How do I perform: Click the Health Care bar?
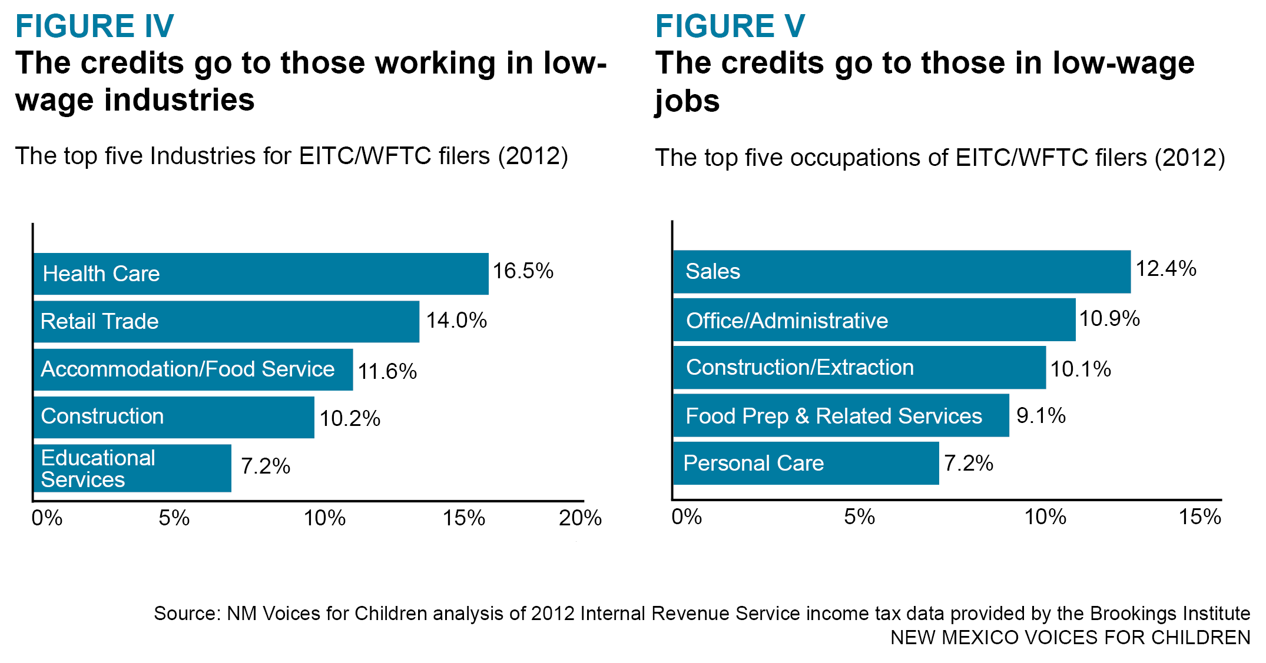point(261,274)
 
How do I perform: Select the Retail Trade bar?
point(226,321)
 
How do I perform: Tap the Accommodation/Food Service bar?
point(193,369)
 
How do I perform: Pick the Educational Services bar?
point(132,468)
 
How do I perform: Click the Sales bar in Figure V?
point(902,271)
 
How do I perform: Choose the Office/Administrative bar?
point(874,320)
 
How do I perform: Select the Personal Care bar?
point(806,463)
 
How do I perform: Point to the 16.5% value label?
point(523,271)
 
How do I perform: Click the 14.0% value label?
point(456,321)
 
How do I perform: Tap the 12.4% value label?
point(1165,269)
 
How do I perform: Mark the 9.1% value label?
point(1040,416)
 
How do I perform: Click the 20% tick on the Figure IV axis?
point(580,518)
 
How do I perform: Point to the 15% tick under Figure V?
point(1199,517)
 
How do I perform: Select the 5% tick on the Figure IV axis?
point(174,518)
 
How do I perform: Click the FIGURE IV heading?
point(95,26)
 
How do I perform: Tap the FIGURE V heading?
point(730,26)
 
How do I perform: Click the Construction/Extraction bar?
point(859,368)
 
